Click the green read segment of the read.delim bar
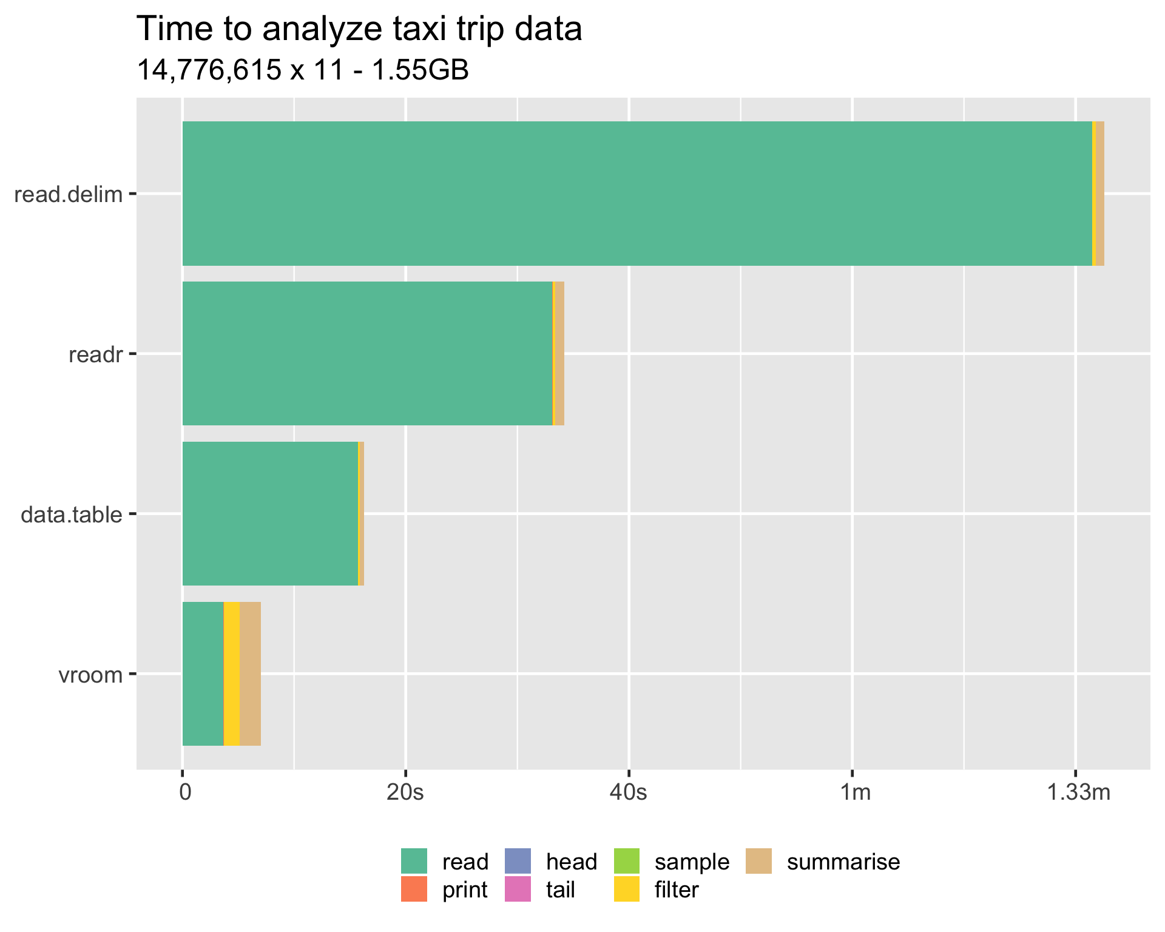(637, 194)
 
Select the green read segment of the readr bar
(367, 353)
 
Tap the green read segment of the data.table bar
(270, 513)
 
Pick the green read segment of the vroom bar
(203, 674)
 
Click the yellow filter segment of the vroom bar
(232, 674)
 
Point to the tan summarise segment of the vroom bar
(251, 674)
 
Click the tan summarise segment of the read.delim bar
(1100, 194)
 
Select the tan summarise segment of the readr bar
(560, 353)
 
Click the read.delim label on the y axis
(68, 195)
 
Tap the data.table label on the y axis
(72, 515)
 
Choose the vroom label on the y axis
(90, 675)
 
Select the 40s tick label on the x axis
(629, 792)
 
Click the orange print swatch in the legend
(414, 890)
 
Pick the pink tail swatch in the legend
(518, 890)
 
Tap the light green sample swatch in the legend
(627, 862)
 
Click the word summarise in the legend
(843, 862)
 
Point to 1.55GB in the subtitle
(419, 70)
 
